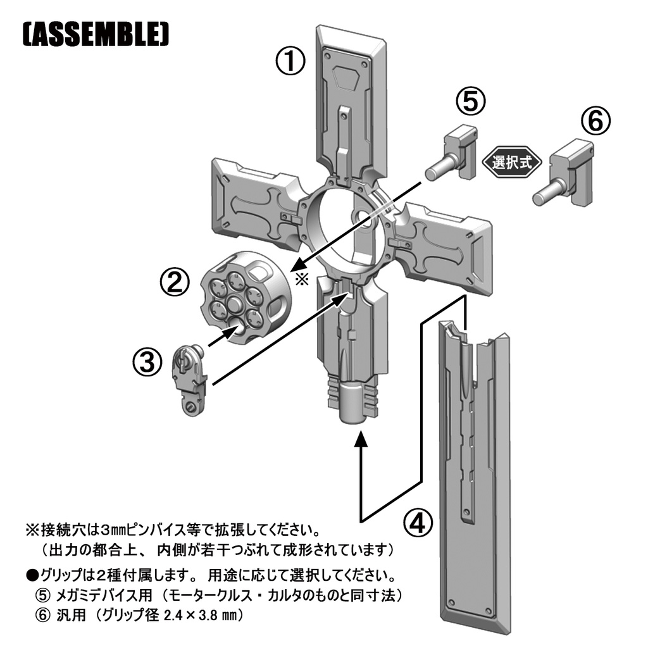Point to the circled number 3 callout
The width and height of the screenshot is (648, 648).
pyautogui.click(x=147, y=362)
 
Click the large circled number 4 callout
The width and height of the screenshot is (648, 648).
pyautogui.click(x=418, y=523)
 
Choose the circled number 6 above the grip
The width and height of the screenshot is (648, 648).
pyautogui.click(x=595, y=121)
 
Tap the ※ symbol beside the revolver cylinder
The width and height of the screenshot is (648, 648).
pyautogui.click(x=302, y=279)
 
